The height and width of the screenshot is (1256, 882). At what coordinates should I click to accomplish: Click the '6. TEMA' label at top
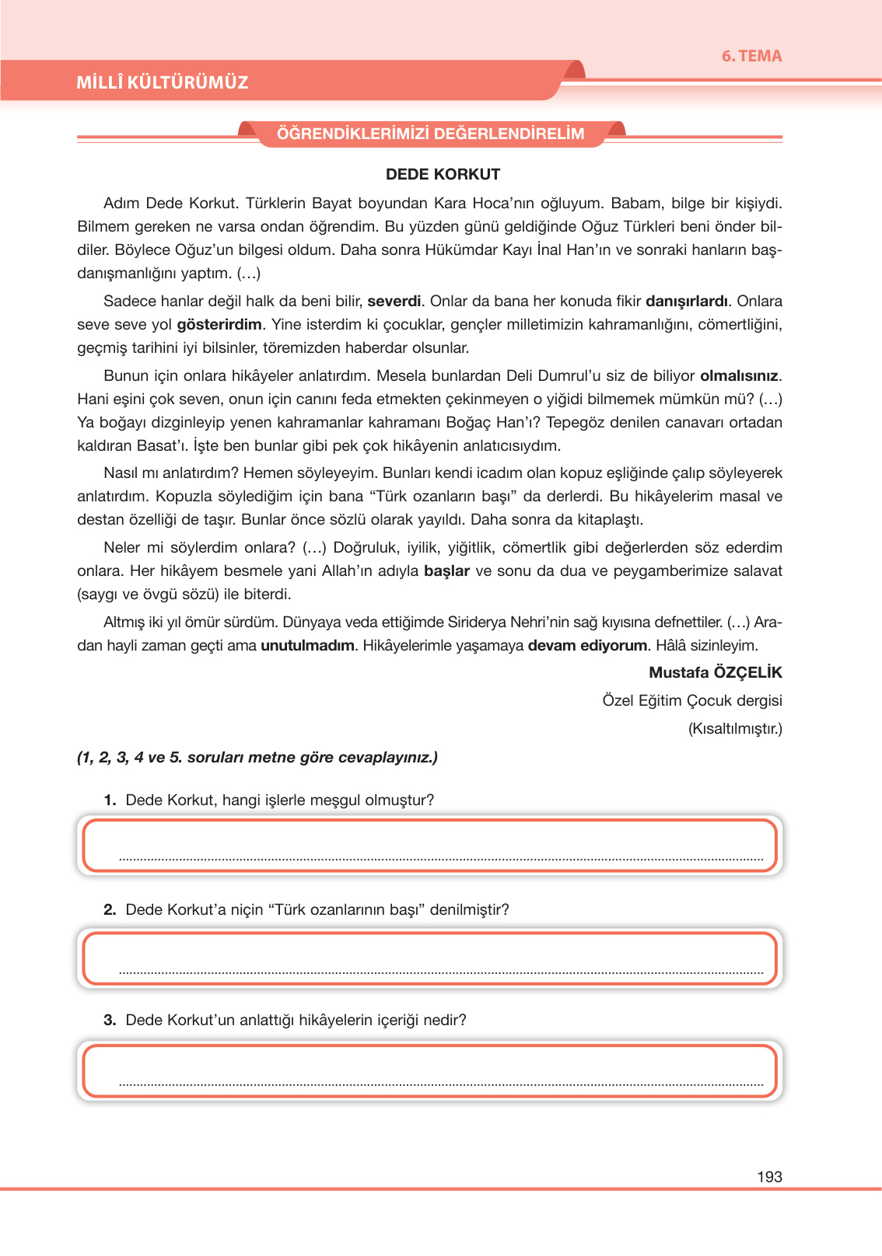tap(751, 56)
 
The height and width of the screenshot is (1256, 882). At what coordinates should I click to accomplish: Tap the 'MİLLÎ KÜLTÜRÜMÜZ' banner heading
tap(163, 82)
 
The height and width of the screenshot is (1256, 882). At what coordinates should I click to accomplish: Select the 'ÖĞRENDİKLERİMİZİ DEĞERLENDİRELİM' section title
tap(431, 134)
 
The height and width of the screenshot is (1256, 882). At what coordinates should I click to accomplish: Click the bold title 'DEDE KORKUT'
tap(443, 174)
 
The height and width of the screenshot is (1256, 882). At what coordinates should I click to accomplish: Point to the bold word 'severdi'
tap(394, 301)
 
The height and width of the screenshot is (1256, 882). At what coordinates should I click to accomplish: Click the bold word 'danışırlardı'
tap(687, 301)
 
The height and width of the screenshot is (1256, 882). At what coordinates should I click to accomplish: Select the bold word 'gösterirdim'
tap(219, 324)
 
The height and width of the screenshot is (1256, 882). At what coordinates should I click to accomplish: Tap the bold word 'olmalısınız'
tap(739, 375)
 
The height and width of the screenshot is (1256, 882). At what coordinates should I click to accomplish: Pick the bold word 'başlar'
tap(446, 570)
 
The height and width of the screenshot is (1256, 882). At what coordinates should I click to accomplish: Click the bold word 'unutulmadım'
tap(307, 645)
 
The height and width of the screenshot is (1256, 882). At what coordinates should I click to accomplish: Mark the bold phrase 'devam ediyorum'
tap(587, 645)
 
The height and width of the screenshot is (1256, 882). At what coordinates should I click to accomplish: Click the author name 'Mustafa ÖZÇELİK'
tap(715, 672)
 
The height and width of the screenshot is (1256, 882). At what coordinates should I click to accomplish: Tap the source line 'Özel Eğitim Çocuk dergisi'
tap(691, 700)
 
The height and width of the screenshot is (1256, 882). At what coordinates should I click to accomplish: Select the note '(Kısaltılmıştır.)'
tap(735, 728)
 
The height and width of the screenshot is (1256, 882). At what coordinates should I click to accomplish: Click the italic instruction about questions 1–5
tap(257, 757)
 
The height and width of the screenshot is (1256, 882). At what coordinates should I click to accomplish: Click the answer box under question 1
tap(429, 845)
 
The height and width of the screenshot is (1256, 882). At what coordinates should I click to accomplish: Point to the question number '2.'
tap(110, 909)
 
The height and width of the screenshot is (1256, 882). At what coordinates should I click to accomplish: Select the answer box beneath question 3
tap(429, 1071)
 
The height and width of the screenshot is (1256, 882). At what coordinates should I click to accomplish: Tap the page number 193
tap(768, 1177)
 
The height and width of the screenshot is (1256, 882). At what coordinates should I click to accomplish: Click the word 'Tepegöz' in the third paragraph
tap(574, 422)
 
